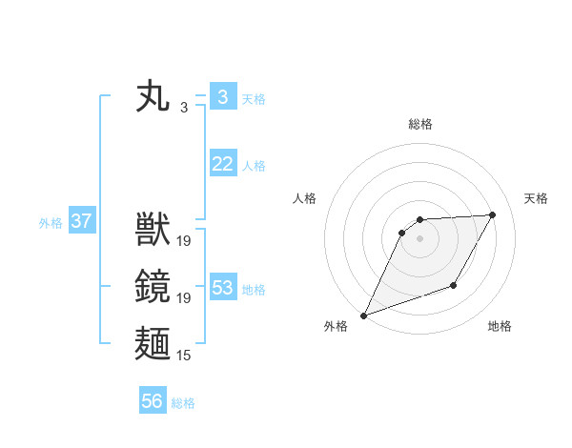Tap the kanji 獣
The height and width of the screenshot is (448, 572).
pyautogui.click(x=154, y=230)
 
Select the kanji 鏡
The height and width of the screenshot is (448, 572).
pyautogui.click(x=154, y=286)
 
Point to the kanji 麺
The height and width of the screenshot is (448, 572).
pyautogui.click(x=154, y=342)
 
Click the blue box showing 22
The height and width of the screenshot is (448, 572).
pyautogui.click(x=222, y=164)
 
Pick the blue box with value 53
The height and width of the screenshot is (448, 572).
pyautogui.click(x=222, y=288)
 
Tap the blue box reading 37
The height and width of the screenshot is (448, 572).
pyautogui.click(x=81, y=222)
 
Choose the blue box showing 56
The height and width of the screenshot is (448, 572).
pyautogui.click(x=152, y=401)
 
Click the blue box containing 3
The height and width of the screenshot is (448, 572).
pyautogui.click(x=222, y=97)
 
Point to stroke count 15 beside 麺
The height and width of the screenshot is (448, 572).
pyautogui.click(x=184, y=356)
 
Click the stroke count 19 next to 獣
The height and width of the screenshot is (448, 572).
pyautogui.click(x=184, y=242)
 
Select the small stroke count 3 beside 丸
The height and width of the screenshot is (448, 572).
pyautogui.click(x=184, y=108)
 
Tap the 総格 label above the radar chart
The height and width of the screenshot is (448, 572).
pyautogui.click(x=420, y=124)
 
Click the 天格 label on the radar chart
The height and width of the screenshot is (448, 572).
pyautogui.click(x=537, y=198)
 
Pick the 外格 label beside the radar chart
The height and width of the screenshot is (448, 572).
pyautogui.click(x=336, y=326)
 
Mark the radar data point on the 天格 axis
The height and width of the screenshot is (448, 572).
pyautogui.click(x=493, y=215)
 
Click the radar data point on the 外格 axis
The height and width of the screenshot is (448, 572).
pyautogui.click(x=363, y=316)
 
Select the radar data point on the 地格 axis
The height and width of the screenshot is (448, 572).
pyautogui.click(x=455, y=285)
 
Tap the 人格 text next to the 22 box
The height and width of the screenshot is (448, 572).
pyautogui.click(x=254, y=166)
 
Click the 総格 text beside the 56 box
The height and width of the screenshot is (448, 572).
pyautogui.click(x=183, y=403)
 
